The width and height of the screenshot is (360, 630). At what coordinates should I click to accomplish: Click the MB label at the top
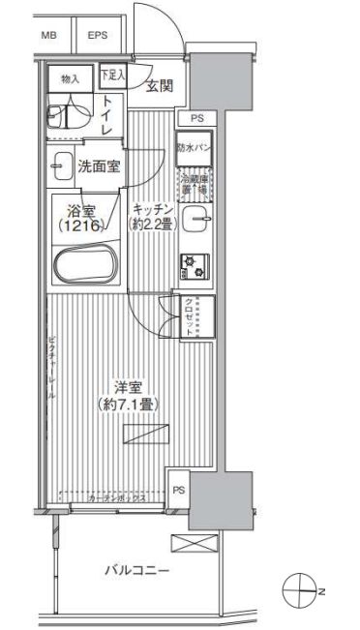tap(47, 36)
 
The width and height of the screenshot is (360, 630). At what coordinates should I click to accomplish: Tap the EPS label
tap(98, 36)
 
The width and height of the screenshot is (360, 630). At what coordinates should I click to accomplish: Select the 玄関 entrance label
tap(160, 86)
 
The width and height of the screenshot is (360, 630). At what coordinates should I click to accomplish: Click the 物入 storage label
tap(70, 76)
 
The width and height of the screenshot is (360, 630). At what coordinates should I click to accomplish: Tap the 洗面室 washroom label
tap(99, 166)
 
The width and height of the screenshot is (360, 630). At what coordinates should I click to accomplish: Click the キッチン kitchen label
tap(153, 216)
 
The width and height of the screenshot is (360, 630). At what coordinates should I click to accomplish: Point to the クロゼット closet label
tap(191, 314)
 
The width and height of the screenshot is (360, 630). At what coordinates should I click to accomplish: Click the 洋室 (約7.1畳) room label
tap(128, 395)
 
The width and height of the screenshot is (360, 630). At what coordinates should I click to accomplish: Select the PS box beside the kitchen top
tap(196, 118)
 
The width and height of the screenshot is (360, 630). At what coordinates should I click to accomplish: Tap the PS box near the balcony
tap(178, 490)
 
